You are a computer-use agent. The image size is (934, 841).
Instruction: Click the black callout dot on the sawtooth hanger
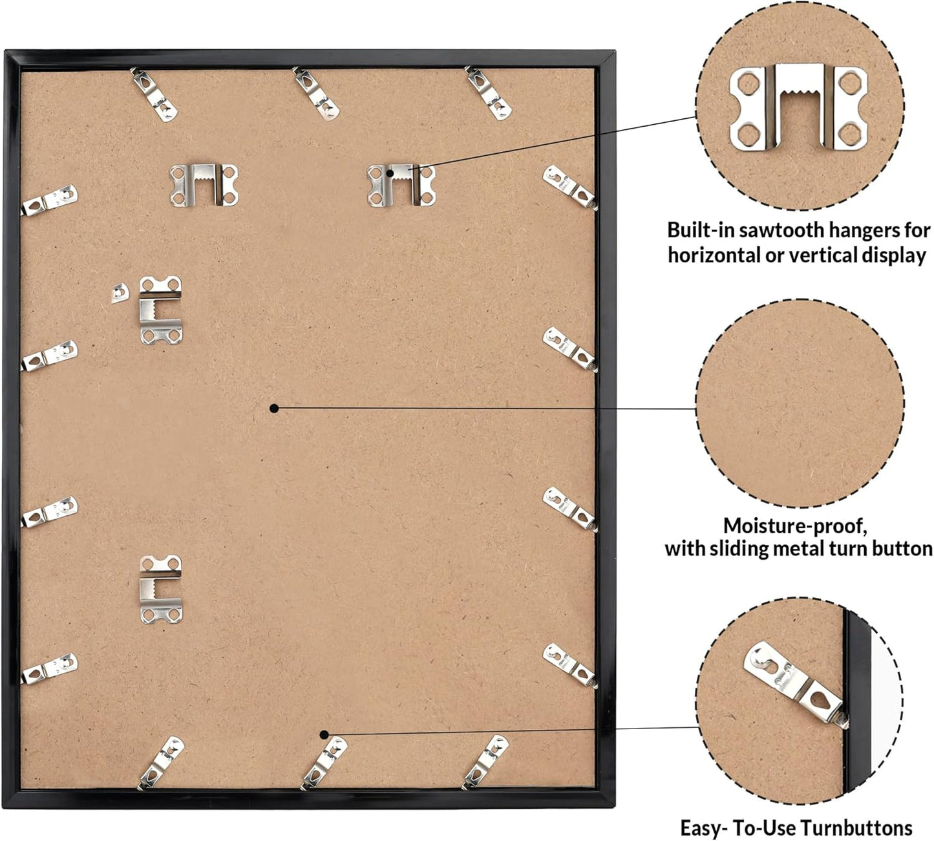390,173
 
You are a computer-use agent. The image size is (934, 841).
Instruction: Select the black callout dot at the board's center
274,409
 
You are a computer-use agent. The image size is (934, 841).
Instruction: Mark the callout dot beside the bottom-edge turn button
324,734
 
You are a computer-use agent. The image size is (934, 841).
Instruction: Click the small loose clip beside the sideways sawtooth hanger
120,293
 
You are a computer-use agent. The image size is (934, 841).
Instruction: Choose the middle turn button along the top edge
316,93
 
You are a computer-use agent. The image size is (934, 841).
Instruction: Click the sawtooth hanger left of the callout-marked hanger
204,185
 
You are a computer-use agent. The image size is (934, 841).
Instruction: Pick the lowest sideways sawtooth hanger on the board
161,589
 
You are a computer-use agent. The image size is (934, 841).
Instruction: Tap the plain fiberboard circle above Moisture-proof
800,403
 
